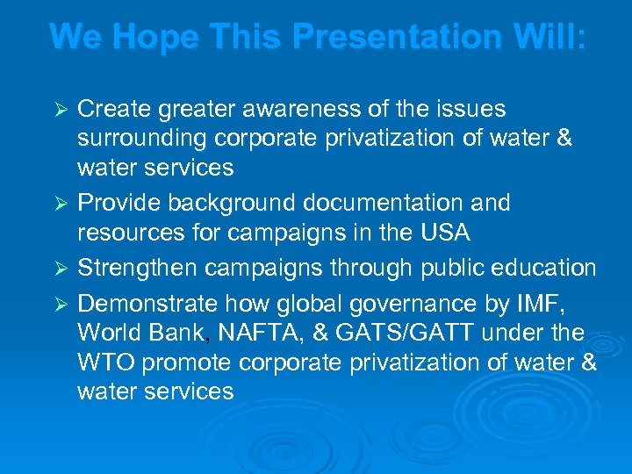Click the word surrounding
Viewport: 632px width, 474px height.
click(140, 139)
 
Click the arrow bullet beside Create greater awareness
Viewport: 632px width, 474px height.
click(61, 111)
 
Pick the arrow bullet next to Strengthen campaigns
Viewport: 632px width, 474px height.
click(61, 269)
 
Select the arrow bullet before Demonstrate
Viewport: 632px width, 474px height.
click(61, 305)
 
